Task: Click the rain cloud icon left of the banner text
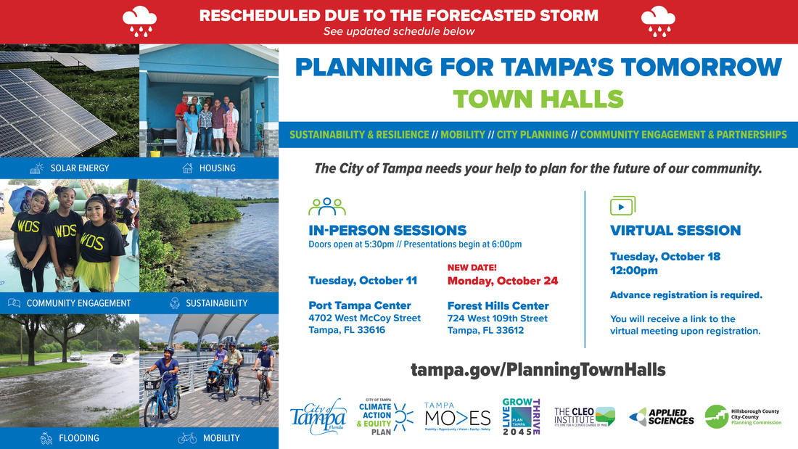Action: point(139,21)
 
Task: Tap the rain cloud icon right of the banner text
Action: point(658,21)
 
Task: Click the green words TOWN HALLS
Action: point(538,99)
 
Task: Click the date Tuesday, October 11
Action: point(363,281)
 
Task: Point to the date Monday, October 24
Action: point(503,281)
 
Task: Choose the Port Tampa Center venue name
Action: point(360,305)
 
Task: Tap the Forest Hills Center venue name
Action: point(498,305)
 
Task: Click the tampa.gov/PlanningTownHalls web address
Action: point(538,369)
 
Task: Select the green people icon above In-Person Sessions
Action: point(326,207)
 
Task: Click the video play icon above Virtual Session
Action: point(622,205)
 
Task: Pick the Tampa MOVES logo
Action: point(457,417)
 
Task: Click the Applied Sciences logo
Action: point(662,416)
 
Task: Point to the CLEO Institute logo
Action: point(584,416)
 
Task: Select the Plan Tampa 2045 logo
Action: point(521,416)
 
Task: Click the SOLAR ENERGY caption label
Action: point(80,168)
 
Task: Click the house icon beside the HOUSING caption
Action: point(187,168)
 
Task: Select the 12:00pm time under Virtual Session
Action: point(633,271)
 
